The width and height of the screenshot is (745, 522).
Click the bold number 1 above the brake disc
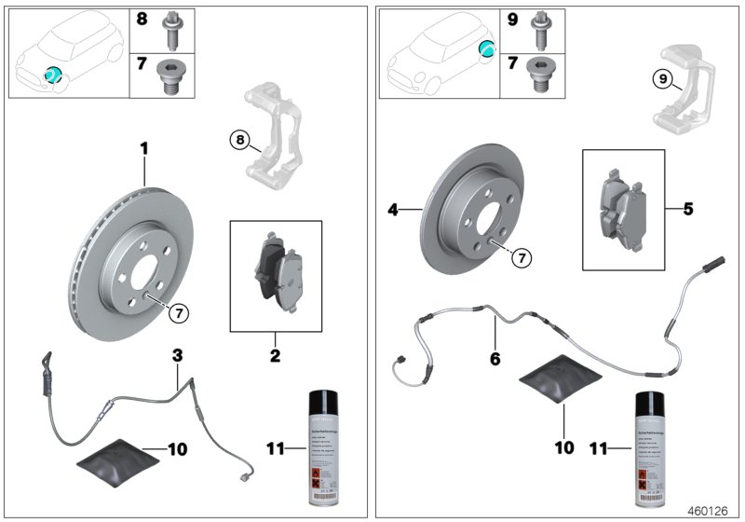coord(144,148)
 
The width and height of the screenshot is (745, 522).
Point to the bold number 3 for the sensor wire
coord(176,355)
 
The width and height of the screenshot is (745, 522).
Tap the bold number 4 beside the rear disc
coord(395,212)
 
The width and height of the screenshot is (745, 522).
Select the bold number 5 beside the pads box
coord(688,209)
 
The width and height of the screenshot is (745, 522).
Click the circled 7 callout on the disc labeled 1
coord(177,314)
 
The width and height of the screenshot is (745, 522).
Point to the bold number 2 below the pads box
coord(275,355)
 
